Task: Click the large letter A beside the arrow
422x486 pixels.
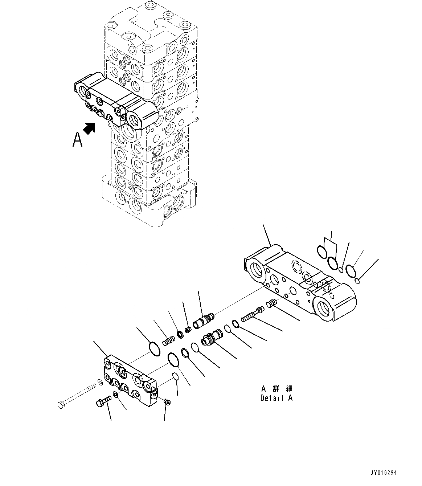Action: coord(77,139)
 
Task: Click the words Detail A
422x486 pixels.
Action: coord(276,398)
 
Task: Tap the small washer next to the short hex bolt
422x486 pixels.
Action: coord(115,395)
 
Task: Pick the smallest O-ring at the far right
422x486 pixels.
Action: coord(357,281)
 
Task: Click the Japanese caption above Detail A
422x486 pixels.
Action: coord(276,389)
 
